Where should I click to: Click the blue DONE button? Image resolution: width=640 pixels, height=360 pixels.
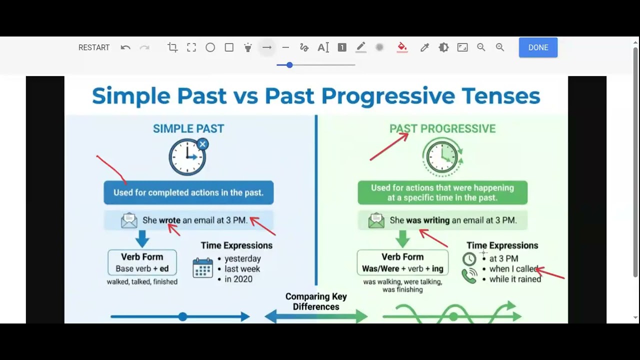point(538,47)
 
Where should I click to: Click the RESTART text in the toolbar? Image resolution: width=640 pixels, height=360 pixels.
point(94,47)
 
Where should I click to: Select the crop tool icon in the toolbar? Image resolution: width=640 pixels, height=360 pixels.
point(172,47)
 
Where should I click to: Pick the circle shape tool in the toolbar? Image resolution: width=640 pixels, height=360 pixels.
point(210,47)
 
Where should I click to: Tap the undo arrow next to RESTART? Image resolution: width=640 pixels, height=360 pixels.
point(125,47)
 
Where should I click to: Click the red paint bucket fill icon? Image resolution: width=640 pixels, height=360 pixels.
point(402,47)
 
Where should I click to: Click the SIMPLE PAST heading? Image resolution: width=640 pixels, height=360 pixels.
point(188,128)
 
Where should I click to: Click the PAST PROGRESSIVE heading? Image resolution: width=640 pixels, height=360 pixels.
point(442,128)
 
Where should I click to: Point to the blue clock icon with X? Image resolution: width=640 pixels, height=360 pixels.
point(187,157)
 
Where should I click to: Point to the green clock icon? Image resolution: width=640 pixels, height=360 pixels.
point(442,157)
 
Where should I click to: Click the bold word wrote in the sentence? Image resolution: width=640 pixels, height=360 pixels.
point(169,220)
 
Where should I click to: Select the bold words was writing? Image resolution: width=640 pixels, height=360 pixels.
point(427,220)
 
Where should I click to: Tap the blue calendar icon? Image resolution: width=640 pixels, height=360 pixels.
point(202,268)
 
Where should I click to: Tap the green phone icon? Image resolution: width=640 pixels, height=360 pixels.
point(469,276)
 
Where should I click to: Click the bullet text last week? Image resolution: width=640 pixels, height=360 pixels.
point(242,269)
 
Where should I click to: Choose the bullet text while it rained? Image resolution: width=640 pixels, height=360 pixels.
point(515,279)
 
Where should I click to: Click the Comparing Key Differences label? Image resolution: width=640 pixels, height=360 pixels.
point(316,301)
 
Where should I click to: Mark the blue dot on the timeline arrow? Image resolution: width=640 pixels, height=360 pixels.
point(182,316)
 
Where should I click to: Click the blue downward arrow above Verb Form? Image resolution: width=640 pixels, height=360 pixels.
point(142,238)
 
